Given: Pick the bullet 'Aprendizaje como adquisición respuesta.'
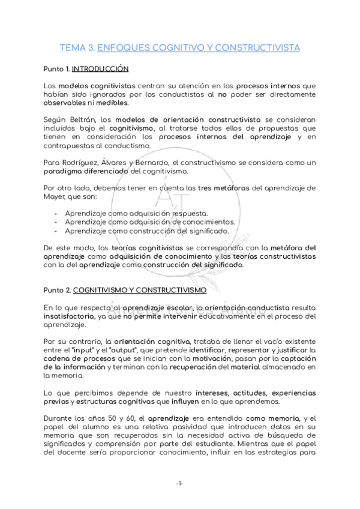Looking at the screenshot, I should click(137, 213).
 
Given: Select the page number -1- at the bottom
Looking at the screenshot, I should click(179, 484).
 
